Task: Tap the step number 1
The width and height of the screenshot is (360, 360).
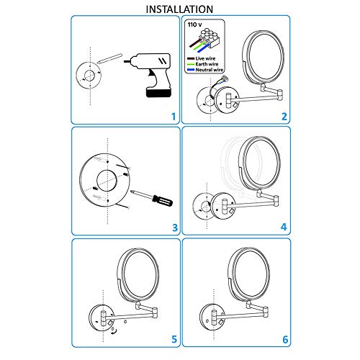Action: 172,116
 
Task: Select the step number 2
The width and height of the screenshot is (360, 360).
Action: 284,116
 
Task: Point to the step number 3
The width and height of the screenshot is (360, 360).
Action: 173,228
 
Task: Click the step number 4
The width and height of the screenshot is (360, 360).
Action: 284,228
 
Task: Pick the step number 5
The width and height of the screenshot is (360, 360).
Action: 172,338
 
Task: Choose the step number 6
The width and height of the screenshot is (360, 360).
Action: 284,338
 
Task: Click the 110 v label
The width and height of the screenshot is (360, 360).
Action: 194,24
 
